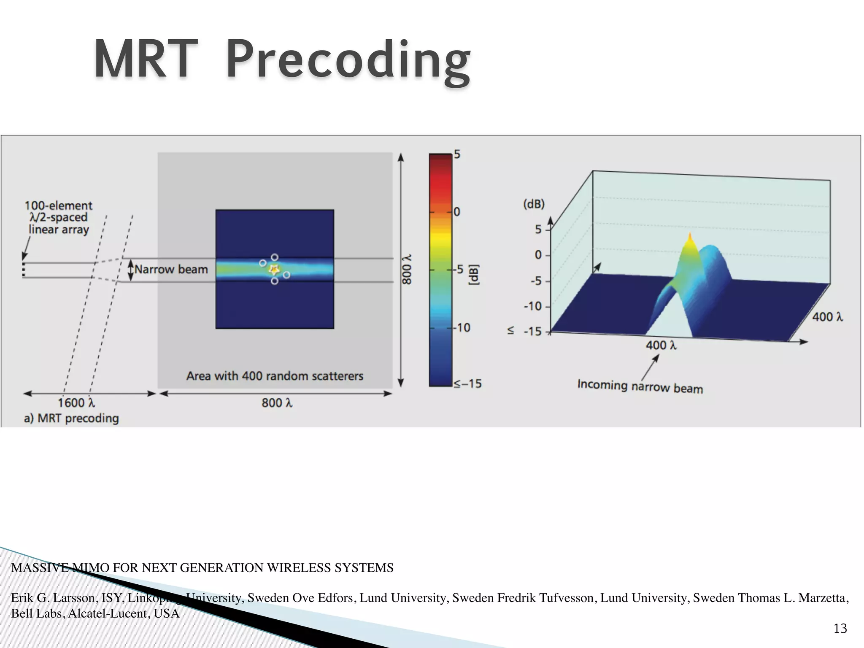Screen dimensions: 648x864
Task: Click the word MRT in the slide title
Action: click(x=146, y=59)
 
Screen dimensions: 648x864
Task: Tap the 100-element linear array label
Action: click(x=58, y=217)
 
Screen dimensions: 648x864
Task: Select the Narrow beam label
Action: click(x=171, y=269)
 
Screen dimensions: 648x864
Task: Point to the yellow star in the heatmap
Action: click(x=274, y=269)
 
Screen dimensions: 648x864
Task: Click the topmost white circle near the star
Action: click(x=275, y=257)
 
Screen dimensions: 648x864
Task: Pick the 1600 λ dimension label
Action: click(x=76, y=403)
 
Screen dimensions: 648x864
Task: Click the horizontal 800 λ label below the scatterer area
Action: click(x=277, y=403)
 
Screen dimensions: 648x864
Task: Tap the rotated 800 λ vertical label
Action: click(x=406, y=269)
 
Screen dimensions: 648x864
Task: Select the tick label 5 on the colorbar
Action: click(x=457, y=155)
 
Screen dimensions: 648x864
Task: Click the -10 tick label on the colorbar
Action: click(x=462, y=327)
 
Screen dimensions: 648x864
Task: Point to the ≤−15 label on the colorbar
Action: click(x=467, y=383)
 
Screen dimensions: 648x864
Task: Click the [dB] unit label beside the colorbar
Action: click(x=475, y=275)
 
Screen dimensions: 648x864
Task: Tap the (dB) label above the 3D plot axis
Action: click(x=534, y=204)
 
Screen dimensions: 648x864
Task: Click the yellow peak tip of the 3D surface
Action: click(x=690, y=235)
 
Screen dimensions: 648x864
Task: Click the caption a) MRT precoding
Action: click(x=71, y=418)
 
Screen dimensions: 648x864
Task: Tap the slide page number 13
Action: click(x=840, y=629)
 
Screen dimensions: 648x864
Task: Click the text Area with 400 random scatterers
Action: click(x=275, y=376)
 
